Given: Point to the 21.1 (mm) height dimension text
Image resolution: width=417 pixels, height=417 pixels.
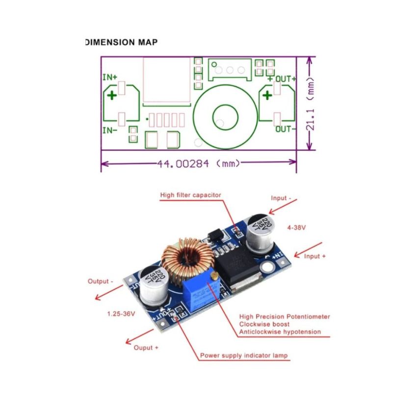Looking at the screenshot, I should pos(310,104).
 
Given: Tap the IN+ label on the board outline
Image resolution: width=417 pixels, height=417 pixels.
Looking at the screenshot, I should pos(110,78).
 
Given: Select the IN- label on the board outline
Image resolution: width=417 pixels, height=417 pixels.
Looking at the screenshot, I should pos(110,130).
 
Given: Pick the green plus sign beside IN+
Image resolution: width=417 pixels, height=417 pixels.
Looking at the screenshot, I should pos(112,95).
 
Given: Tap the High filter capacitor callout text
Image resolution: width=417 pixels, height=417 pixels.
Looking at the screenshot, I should pos(191,195).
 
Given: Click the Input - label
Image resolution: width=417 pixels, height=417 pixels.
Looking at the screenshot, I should pos(281,198).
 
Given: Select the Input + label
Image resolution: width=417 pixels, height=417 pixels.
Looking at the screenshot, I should pos(315,256).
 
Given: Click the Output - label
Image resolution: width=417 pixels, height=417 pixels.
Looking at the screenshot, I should pos(101,282).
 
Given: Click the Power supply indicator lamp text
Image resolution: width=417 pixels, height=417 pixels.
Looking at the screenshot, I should pos(244,355).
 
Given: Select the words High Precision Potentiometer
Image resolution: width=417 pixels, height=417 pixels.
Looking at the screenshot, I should pos(285,316).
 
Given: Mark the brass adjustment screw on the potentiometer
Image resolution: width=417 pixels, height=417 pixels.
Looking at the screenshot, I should pos(214,278).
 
